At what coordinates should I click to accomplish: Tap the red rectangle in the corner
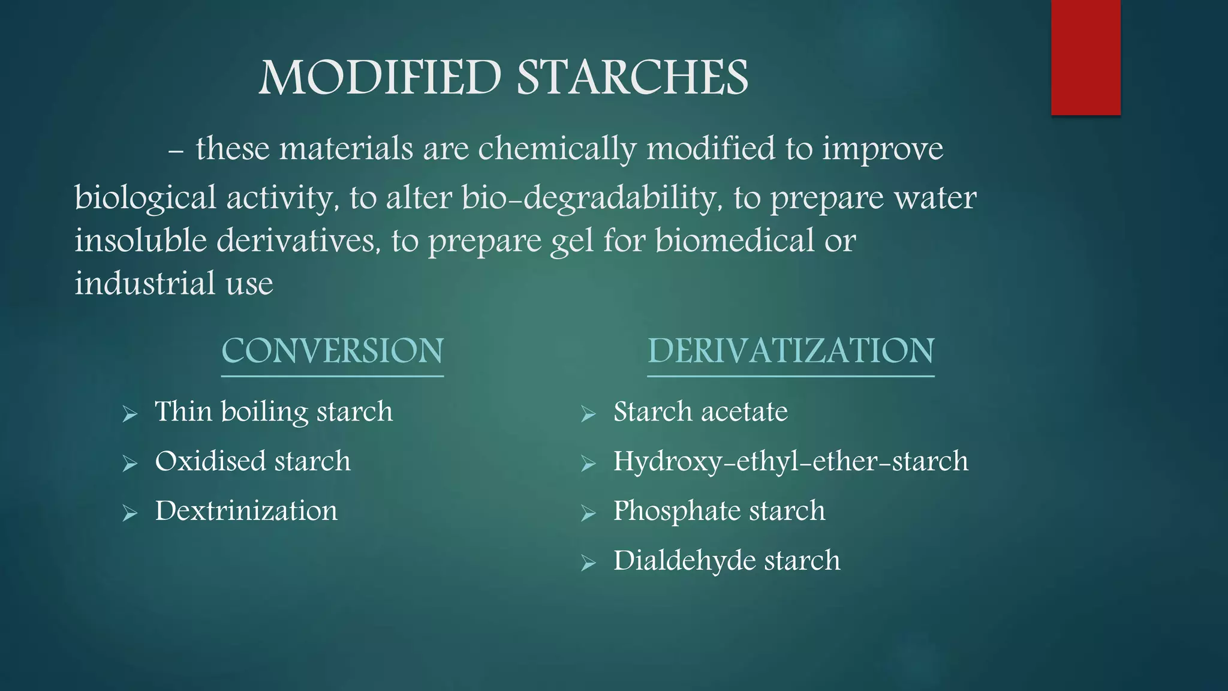tap(1085, 57)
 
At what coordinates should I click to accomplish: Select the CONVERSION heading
tap(332, 351)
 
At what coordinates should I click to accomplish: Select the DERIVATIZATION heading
tap(790, 351)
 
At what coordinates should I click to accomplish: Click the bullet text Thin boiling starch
tap(273, 412)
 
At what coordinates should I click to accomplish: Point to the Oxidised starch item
tap(252, 462)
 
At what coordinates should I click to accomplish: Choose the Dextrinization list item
tap(246, 512)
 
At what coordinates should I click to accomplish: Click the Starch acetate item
tap(700, 412)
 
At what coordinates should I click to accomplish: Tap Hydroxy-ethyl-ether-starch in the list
tap(790, 462)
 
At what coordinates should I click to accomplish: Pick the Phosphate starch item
tap(719, 512)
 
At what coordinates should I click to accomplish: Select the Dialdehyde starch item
tap(726, 561)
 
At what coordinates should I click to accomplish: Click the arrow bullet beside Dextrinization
tap(130, 513)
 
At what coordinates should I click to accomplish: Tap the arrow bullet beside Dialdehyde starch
tap(588, 563)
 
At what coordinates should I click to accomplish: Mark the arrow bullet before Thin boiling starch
tap(130, 414)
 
